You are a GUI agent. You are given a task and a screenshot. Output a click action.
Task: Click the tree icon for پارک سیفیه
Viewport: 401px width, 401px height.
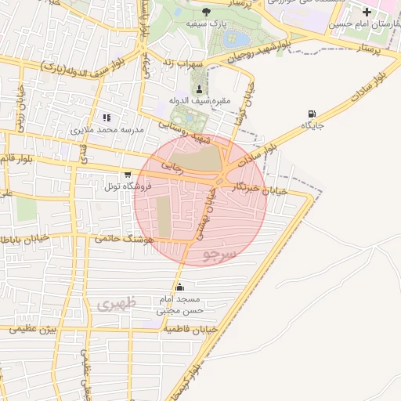pos(206,11)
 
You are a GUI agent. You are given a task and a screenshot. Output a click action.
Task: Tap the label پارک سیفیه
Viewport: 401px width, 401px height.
pos(201,24)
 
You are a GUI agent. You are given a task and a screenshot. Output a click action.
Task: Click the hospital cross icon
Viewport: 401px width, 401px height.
pos(367,12)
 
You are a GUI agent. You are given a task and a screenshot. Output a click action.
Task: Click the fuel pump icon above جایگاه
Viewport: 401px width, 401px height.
pos(313,114)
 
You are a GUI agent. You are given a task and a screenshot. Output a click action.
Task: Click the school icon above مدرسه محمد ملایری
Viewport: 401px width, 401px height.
pos(107,117)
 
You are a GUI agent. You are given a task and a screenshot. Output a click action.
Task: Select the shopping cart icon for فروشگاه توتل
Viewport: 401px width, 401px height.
pos(127,175)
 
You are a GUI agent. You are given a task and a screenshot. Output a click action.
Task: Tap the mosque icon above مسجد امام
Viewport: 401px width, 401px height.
pos(180,287)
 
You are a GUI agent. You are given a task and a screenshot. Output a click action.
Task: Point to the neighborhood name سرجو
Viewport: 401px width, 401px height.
pos(218,255)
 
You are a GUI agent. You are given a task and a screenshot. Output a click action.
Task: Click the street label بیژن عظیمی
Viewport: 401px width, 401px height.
pos(35,330)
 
